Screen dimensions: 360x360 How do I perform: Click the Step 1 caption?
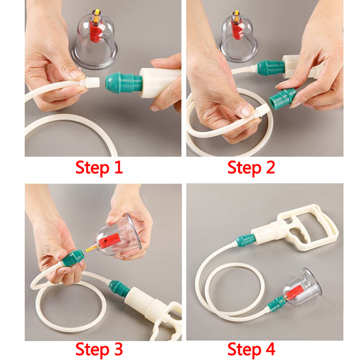tap(99, 168)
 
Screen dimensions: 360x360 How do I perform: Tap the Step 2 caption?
tap(251, 168)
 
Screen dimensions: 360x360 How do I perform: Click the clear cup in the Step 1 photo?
tap(94, 41)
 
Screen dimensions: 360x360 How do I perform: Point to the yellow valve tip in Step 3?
tap(90, 248)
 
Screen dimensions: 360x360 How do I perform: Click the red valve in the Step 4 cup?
tap(293, 293)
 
